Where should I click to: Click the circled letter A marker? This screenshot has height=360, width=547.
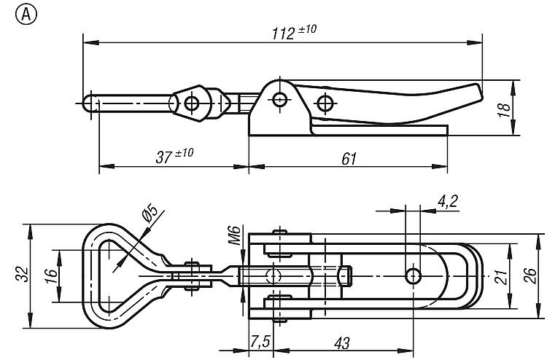click(26, 15)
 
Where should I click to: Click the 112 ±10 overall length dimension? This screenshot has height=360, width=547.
click(294, 33)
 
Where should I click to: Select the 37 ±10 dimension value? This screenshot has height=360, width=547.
click(174, 156)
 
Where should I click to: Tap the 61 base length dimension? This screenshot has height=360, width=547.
click(349, 159)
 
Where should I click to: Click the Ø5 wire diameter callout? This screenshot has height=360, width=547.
click(150, 214)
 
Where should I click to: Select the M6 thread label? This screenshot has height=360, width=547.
click(234, 235)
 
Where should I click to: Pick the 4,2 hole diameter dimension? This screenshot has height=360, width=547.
click(447, 202)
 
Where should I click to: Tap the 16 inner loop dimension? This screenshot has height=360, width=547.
click(52, 276)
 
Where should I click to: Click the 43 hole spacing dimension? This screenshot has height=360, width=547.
click(342, 343)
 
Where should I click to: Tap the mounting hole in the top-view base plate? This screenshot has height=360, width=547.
click(413, 276)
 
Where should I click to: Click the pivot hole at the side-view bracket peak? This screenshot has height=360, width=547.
click(280, 100)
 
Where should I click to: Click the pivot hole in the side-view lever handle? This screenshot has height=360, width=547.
click(325, 103)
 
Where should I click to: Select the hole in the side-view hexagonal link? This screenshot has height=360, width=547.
click(192, 103)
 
